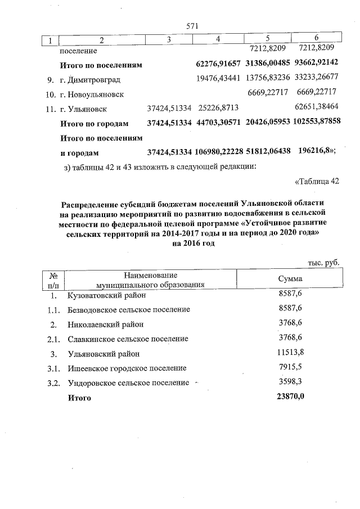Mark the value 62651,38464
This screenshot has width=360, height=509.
317,108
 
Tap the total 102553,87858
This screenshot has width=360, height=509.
317,123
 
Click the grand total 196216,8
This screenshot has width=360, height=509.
315,152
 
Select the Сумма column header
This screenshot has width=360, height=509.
290,279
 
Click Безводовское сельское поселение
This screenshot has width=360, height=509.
128,309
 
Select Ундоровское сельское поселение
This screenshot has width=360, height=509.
128,383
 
